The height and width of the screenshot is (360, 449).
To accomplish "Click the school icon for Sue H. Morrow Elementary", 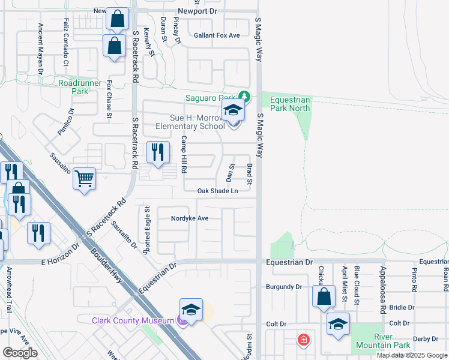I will point(233,111).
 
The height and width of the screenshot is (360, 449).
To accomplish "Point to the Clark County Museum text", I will point(133,320).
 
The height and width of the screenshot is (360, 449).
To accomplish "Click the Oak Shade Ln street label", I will point(218,191).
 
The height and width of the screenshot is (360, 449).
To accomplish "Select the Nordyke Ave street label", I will point(190,218).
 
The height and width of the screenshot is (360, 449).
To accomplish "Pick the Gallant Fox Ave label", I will point(217,35).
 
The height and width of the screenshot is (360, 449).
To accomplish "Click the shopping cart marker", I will point(85,178).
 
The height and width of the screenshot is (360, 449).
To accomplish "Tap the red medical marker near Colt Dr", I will point(304,340).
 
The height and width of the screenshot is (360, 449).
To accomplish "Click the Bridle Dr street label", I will point(402,307).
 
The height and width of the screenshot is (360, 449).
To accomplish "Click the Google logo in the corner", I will point(20,353).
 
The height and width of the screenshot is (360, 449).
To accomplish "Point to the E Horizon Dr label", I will point(60,254).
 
